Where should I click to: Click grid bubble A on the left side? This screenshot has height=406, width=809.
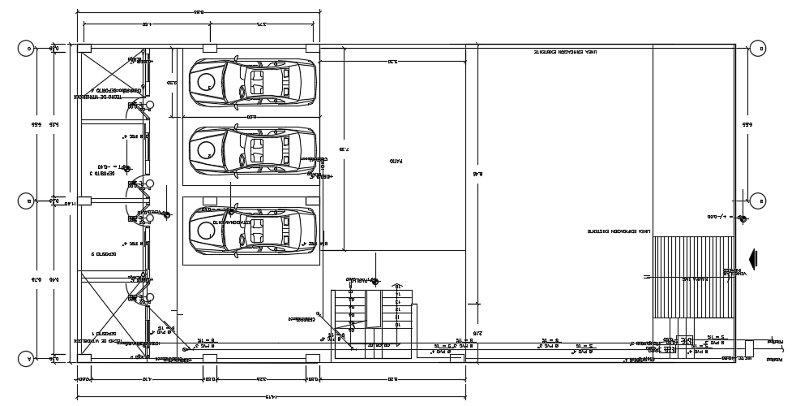(26, 358)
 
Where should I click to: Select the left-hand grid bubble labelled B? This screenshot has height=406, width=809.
(26, 201)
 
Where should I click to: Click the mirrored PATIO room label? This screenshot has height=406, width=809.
(395, 162)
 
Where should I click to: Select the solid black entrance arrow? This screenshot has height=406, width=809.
(754, 259)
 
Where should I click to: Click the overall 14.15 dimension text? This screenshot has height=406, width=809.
(270, 396)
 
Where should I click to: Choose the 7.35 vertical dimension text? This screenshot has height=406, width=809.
(344, 150)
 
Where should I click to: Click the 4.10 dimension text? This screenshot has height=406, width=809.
(146, 378)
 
